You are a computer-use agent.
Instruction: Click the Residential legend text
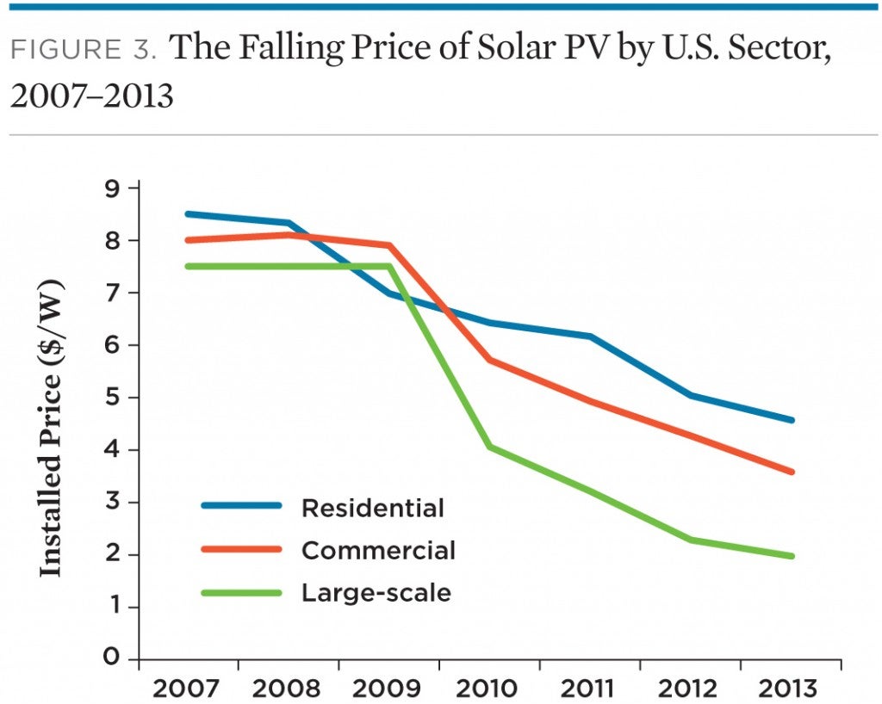(372, 508)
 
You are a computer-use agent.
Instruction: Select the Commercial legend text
(378, 550)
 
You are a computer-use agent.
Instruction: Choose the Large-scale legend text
(376, 593)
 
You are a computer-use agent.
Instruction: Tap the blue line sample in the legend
(241, 506)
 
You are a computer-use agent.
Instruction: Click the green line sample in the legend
(241, 592)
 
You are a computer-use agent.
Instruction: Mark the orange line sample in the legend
(241, 549)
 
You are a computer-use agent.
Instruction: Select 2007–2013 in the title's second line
(91, 96)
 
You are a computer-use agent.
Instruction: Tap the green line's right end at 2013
(791, 556)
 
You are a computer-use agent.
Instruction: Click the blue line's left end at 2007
(189, 213)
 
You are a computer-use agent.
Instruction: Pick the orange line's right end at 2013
(791, 472)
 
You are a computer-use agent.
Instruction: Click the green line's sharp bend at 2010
(489, 447)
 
